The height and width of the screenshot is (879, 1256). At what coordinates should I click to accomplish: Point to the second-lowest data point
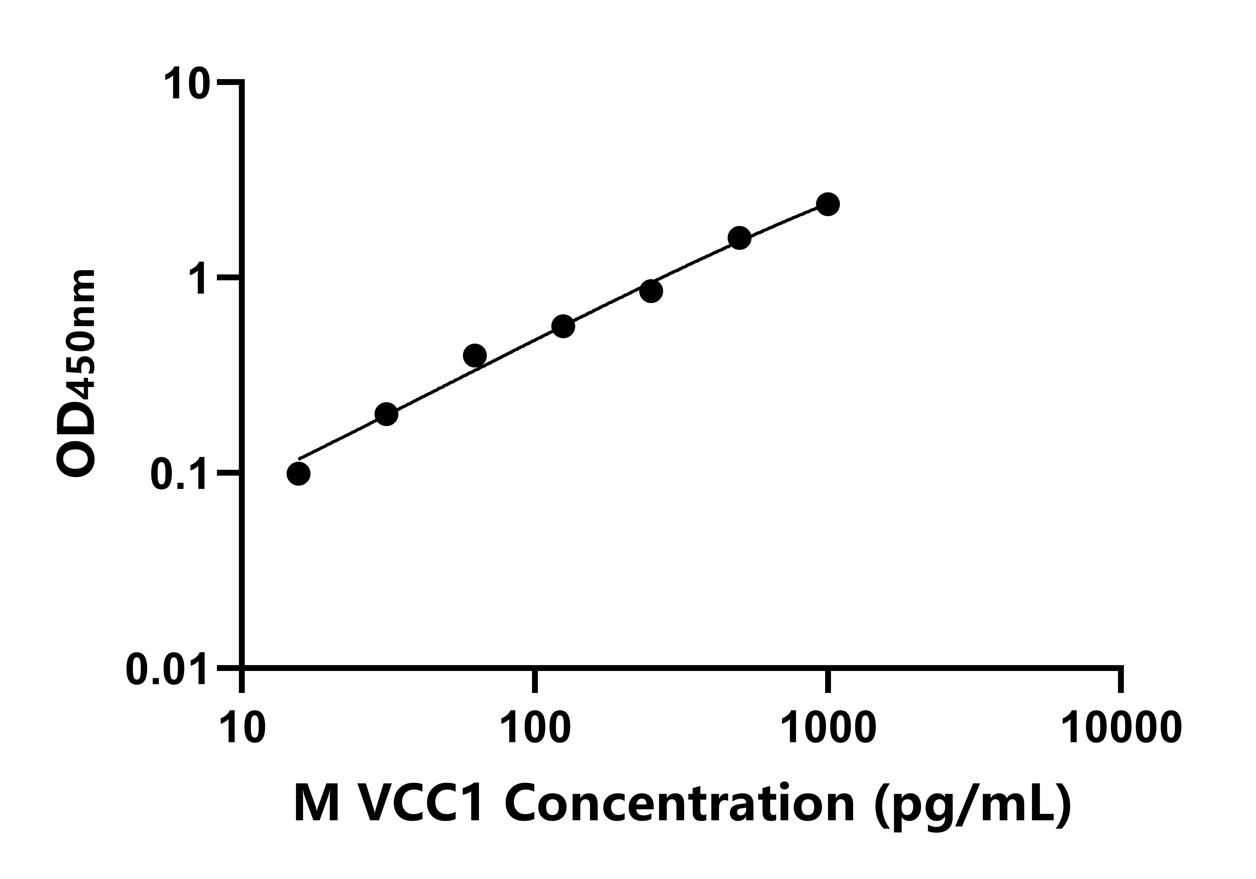click(x=386, y=414)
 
